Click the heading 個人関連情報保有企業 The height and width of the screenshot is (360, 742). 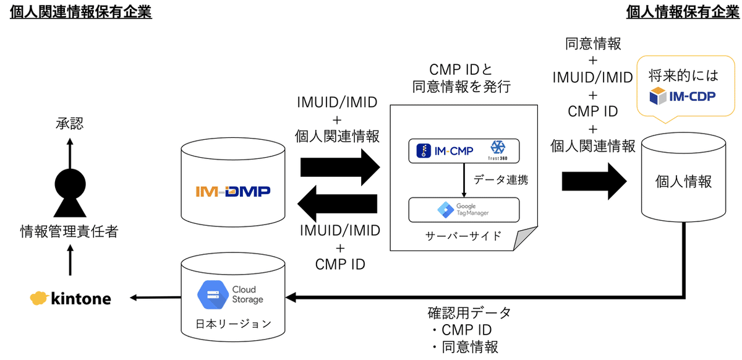81,12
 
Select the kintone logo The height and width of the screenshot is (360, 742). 70,299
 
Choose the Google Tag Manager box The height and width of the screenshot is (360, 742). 463,210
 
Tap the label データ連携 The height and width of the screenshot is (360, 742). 500,181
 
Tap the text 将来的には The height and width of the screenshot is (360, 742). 683,76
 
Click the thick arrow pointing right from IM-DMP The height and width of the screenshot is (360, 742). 339,167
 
